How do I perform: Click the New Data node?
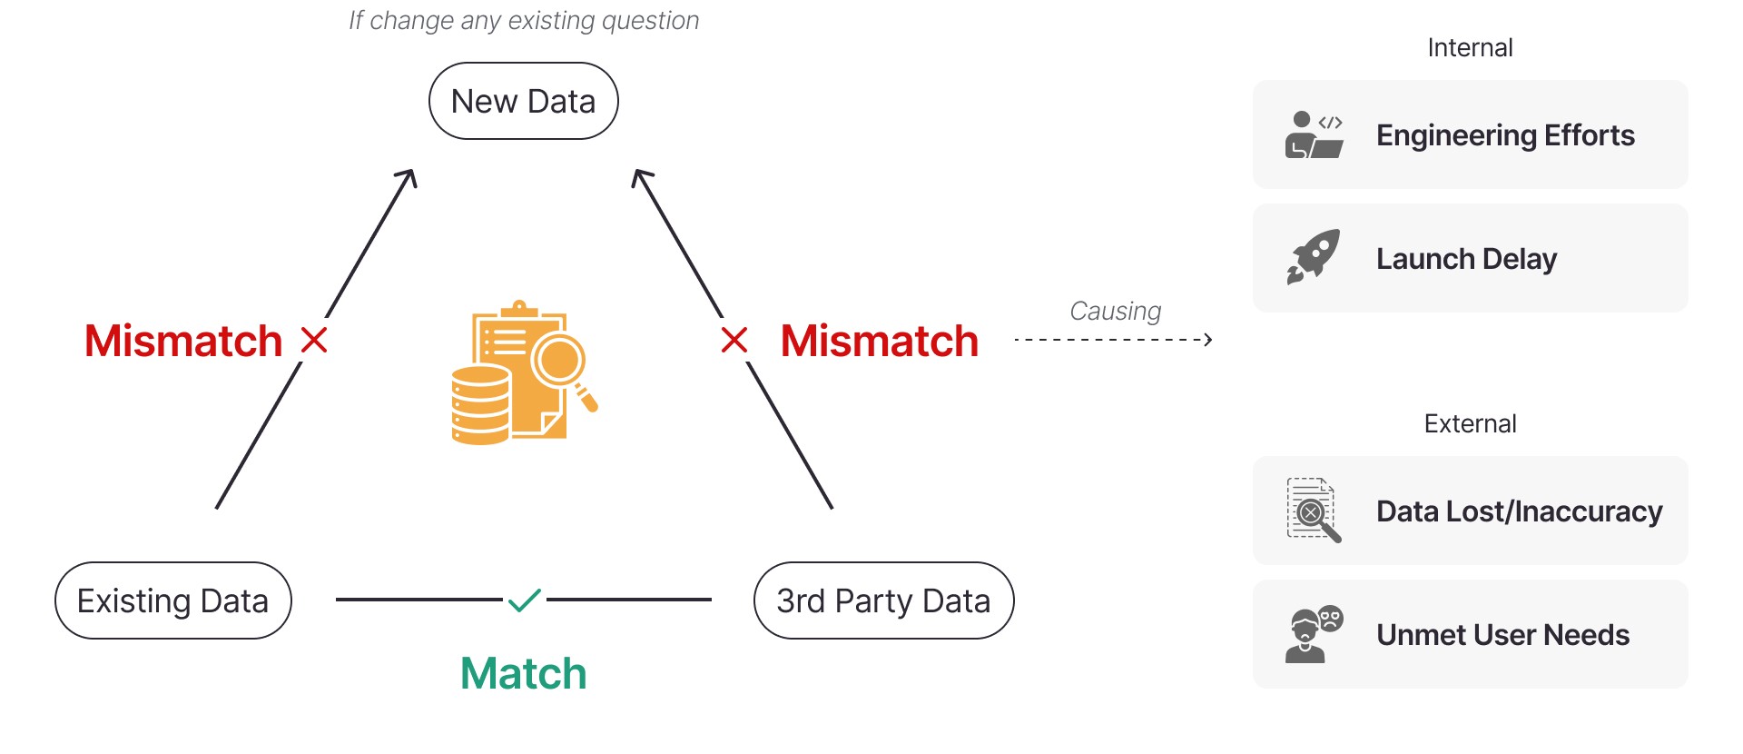click(x=524, y=101)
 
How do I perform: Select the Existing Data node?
click(x=173, y=600)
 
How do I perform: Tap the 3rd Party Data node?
click(x=884, y=600)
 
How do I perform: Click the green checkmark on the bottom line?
click(x=525, y=600)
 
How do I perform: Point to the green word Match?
click(x=524, y=674)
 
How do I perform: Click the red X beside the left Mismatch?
click(x=314, y=341)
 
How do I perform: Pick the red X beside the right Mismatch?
click(x=734, y=341)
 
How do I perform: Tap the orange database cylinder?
click(x=480, y=404)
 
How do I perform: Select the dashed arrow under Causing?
click(x=1114, y=340)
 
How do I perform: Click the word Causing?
click(x=1116, y=311)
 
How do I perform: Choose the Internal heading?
click(x=1470, y=47)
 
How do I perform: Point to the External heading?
click(x=1470, y=423)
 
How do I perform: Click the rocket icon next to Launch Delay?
click(x=1314, y=257)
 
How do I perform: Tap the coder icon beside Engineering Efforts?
click(x=1314, y=134)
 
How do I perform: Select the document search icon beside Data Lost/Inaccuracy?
click(x=1314, y=510)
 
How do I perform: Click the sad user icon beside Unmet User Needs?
click(x=1314, y=633)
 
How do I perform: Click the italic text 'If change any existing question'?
click(x=524, y=21)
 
